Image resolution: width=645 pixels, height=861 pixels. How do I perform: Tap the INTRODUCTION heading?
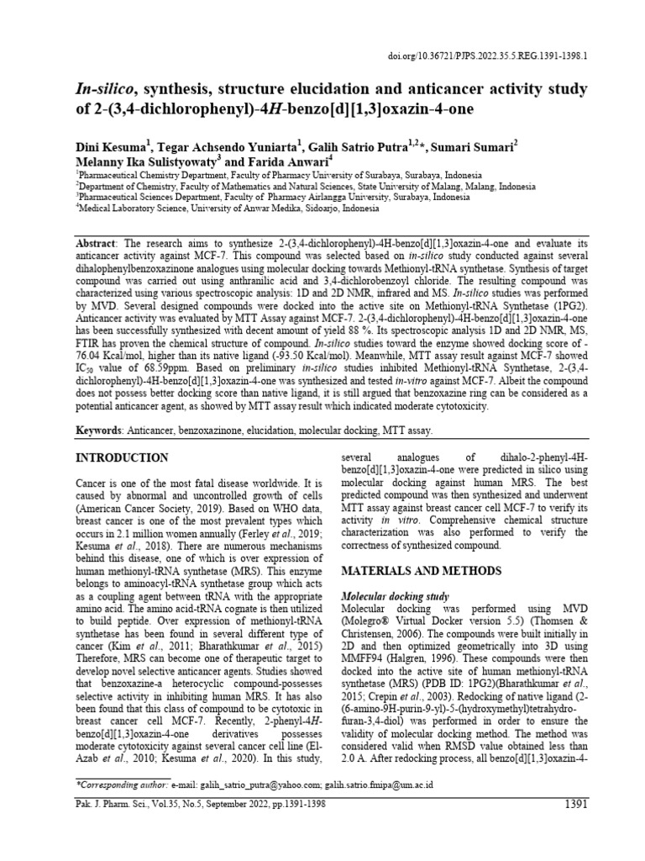pyautogui.click(x=123, y=457)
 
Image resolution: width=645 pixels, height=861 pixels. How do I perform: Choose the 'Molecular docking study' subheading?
pyautogui.click(x=395, y=595)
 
